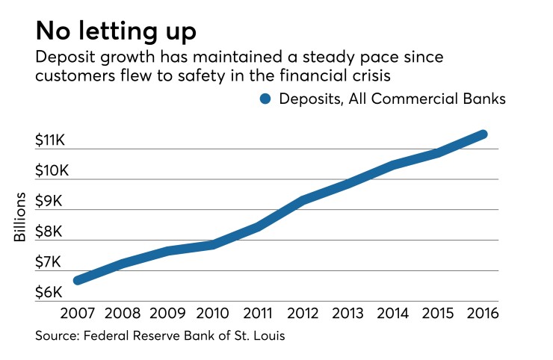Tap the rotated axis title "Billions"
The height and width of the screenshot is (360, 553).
pyautogui.click(x=19, y=217)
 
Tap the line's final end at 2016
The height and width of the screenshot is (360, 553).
pyautogui.click(x=483, y=134)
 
